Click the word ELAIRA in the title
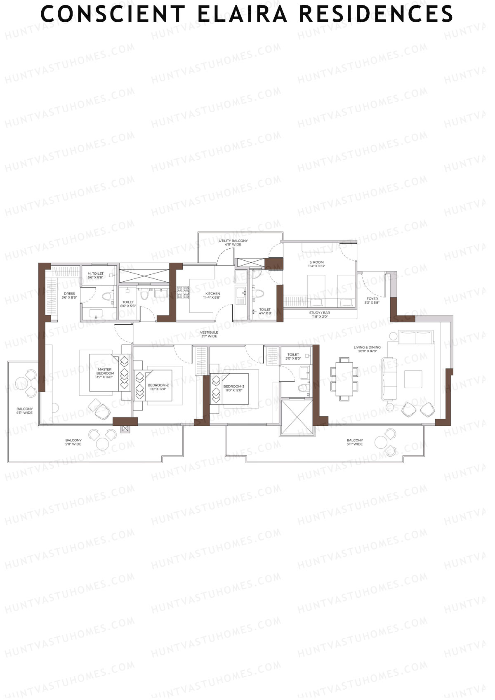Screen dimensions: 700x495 click(242, 14)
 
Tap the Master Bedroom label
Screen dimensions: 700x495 click(105, 371)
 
